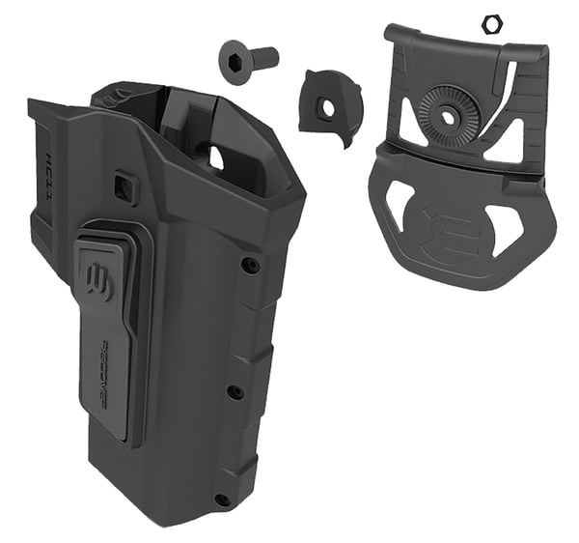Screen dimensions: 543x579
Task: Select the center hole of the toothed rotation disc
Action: coord(449,114)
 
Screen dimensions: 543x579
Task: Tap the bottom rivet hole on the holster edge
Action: coord(221,499)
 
